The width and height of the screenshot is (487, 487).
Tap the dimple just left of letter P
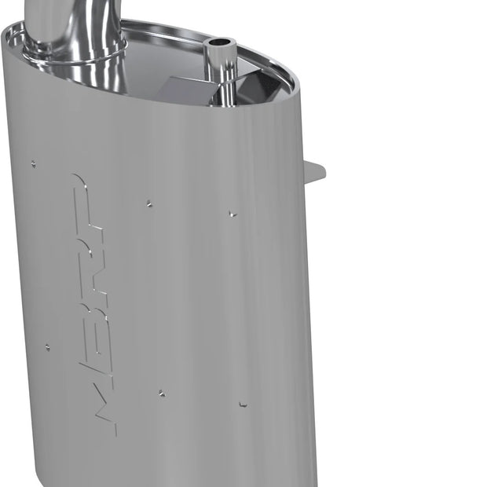[32, 164]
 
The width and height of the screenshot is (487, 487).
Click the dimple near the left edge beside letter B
[47, 346]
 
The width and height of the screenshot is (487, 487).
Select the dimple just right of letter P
[148, 204]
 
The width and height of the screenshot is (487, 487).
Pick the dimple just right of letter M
[161, 393]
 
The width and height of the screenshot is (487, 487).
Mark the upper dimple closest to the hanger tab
[232, 213]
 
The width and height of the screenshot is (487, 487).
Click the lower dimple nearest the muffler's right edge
[243, 404]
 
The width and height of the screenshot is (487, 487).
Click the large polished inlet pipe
[75, 24]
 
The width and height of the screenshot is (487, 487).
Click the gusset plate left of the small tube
[185, 88]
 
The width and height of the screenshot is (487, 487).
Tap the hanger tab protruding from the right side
[314, 171]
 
